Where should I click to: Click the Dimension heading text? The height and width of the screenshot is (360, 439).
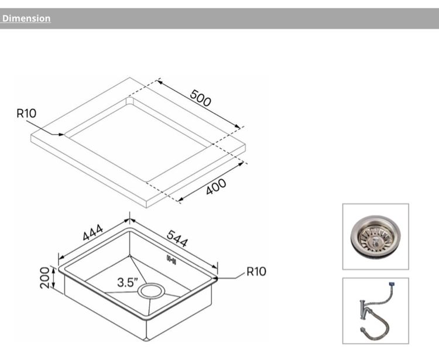26,18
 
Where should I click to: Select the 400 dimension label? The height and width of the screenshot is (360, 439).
216,188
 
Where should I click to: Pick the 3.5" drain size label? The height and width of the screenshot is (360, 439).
127,282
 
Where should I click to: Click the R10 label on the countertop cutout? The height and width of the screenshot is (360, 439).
26,114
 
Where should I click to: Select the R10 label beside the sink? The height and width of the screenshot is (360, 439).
256,272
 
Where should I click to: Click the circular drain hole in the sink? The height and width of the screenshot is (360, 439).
151,291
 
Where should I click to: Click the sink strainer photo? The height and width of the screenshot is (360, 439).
375,236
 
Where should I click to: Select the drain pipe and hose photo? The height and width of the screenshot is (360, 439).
375,311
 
